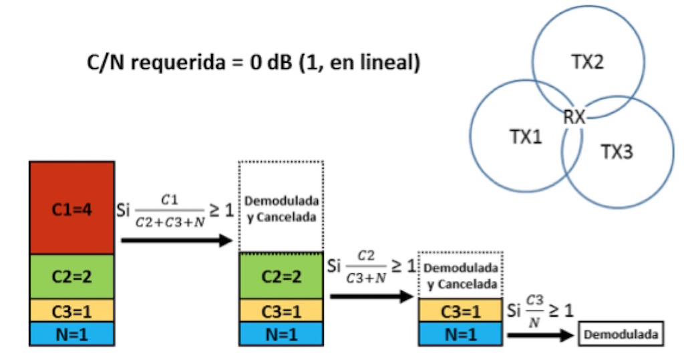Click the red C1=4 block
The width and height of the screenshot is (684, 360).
[x=71, y=208]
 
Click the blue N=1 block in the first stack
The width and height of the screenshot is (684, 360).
[x=71, y=333]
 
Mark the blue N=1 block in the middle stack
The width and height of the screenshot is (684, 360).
[x=281, y=333]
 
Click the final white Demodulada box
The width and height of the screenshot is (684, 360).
[x=621, y=335]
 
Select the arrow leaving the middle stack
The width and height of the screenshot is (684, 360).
[x=371, y=296]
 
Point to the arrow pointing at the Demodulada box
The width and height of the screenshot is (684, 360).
[x=541, y=335]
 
